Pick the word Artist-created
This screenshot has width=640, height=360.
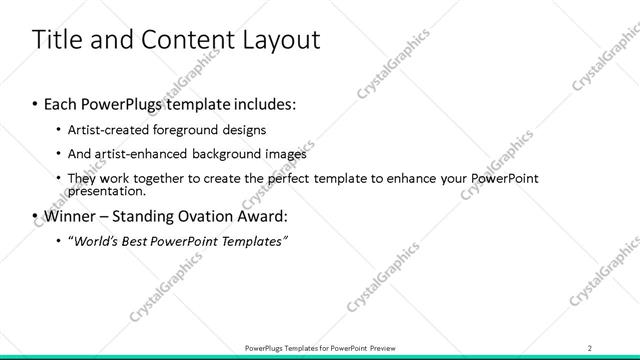pyautogui.click(x=108, y=130)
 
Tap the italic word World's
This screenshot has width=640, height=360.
pyautogui.click(x=96, y=242)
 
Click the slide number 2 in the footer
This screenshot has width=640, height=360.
pyautogui.click(x=589, y=347)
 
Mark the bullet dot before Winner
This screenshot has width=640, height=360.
pyautogui.click(x=35, y=216)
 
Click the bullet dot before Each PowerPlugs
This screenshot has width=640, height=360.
pyautogui.click(x=35, y=104)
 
